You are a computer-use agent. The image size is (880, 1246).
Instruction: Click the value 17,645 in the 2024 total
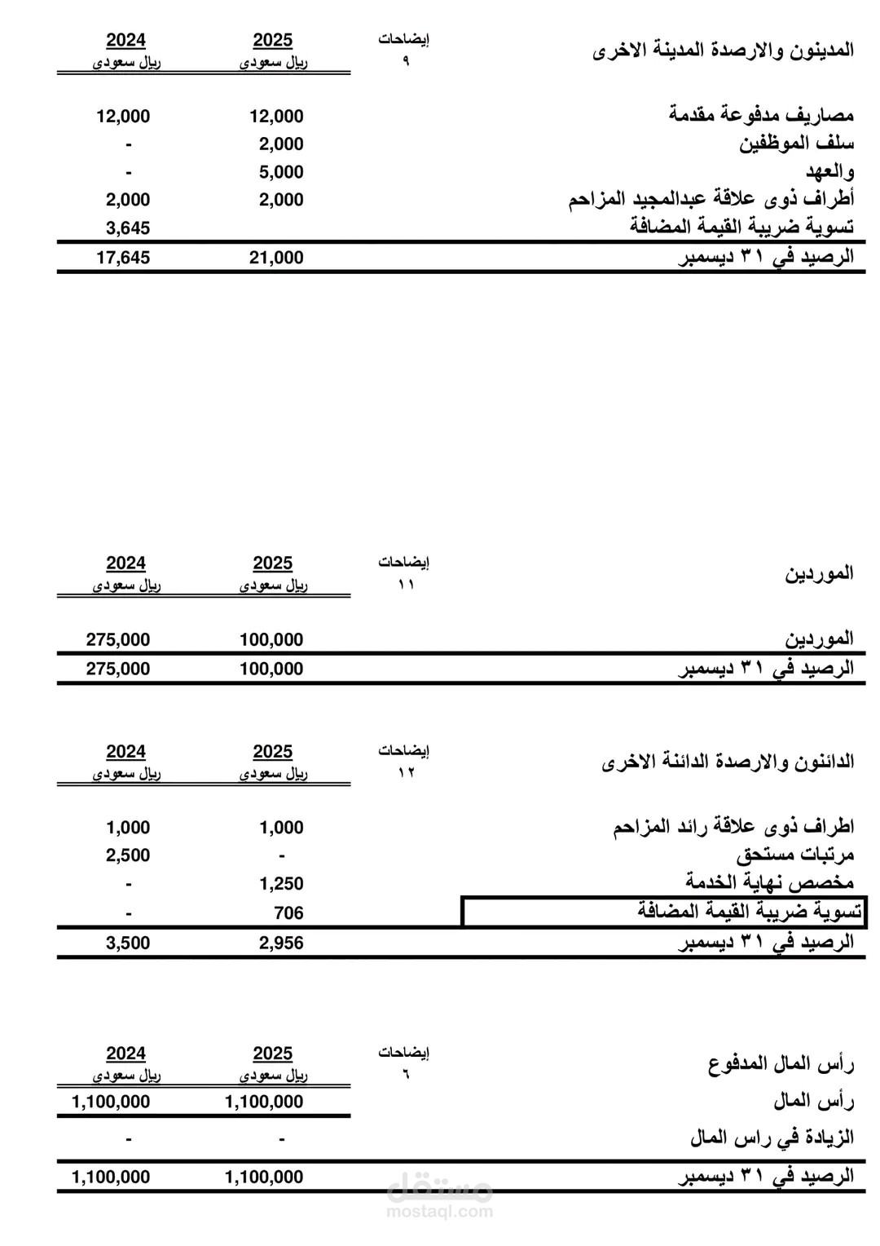[123, 258]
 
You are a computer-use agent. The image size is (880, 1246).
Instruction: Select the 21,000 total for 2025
[276, 258]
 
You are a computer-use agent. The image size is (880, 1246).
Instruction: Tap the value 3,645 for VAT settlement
[128, 228]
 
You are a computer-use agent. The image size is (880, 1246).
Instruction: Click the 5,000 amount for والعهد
[281, 172]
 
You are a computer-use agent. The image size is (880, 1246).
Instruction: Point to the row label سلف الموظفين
[796, 144]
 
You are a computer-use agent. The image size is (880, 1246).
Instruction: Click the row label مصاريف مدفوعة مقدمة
[761, 115]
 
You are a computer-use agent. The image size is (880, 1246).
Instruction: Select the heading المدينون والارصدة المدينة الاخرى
[723, 51]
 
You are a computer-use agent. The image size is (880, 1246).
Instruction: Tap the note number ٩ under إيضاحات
[405, 61]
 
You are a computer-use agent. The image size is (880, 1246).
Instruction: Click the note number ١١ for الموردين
[405, 585]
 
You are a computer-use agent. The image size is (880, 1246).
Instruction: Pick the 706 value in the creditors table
[288, 913]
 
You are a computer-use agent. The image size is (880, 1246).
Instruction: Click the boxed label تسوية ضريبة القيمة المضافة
[749, 912]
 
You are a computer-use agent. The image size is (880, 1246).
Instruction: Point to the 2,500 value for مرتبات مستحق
[128, 855]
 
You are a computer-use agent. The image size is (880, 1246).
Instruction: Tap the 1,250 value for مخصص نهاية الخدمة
[281, 884]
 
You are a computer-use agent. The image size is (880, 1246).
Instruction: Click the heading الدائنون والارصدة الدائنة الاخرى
[728, 762]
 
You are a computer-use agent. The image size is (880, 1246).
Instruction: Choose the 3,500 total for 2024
[128, 943]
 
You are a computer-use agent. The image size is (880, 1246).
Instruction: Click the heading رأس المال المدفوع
[781, 1064]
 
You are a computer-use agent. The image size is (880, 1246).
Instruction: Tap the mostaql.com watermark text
[440, 1211]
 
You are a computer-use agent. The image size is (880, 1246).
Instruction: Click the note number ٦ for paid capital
[405, 1074]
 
